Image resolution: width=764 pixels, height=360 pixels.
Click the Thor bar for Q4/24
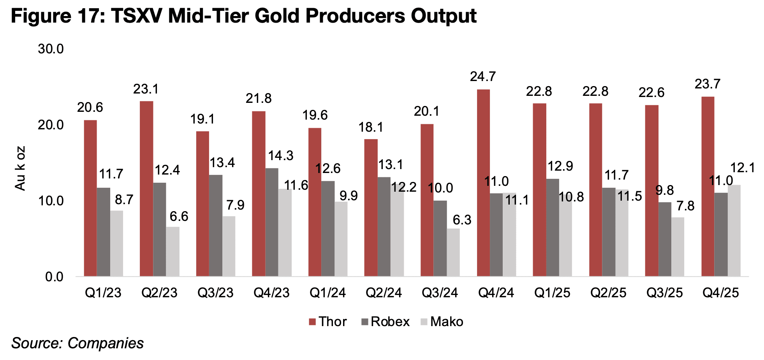(x=483, y=183)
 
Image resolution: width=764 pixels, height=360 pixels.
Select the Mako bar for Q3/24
(x=453, y=252)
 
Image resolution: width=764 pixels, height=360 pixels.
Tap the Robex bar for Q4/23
(x=272, y=222)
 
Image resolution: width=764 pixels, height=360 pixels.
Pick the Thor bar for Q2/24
(x=371, y=208)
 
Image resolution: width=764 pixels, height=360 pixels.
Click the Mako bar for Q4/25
(x=734, y=231)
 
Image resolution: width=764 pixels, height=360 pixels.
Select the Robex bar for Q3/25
(x=665, y=239)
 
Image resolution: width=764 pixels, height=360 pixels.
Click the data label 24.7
(x=483, y=77)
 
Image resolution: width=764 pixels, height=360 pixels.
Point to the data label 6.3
(x=462, y=220)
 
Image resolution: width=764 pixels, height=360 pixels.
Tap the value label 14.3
(x=280, y=156)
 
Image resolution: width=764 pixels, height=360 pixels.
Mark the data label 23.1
(x=146, y=90)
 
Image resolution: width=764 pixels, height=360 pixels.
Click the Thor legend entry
(x=327, y=322)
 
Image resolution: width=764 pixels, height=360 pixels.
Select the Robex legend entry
(x=385, y=322)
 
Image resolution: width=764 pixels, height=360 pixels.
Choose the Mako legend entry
(x=442, y=322)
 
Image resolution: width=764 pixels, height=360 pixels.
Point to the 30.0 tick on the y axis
(x=51, y=49)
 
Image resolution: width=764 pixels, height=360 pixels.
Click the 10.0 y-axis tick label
(x=51, y=201)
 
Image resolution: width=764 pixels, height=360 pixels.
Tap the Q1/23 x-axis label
(x=103, y=293)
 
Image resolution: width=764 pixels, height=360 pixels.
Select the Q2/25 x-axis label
(x=608, y=293)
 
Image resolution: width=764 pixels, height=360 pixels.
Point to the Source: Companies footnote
(x=77, y=343)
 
